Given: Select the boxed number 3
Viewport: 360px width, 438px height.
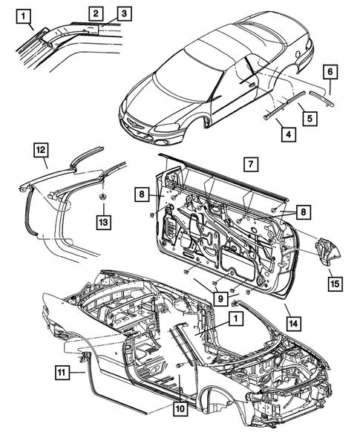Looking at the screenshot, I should click(123, 13).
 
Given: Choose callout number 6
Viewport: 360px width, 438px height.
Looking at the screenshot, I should click(331, 72).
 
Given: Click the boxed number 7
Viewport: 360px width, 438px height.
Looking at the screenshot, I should click(250, 163).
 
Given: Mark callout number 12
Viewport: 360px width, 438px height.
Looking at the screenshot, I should click(41, 151).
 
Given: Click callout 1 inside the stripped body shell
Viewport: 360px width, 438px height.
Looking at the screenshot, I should click(235, 319).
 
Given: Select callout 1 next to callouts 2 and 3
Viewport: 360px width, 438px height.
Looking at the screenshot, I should click(24, 14).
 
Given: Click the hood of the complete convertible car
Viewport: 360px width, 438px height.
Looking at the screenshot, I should click(148, 100).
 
